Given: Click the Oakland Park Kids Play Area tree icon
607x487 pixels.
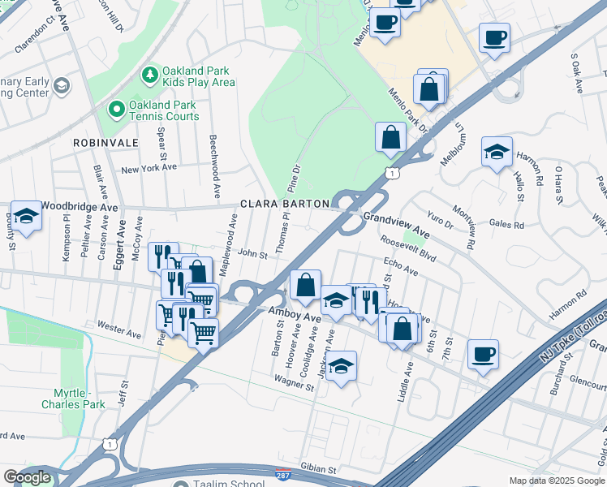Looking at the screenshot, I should [x=149, y=75].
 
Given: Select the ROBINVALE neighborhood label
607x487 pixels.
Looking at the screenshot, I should [x=105, y=143].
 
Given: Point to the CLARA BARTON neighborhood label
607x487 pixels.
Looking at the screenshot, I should [x=284, y=204].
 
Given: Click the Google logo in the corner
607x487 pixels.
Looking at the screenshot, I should [x=28, y=477].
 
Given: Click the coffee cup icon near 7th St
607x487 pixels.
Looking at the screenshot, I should [x=483, y=353].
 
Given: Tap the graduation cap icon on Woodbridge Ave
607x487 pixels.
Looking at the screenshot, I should [x=26, y=216].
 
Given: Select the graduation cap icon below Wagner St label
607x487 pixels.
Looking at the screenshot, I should [x=342, y=365].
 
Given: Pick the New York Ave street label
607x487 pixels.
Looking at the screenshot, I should [x=149, y=169].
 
